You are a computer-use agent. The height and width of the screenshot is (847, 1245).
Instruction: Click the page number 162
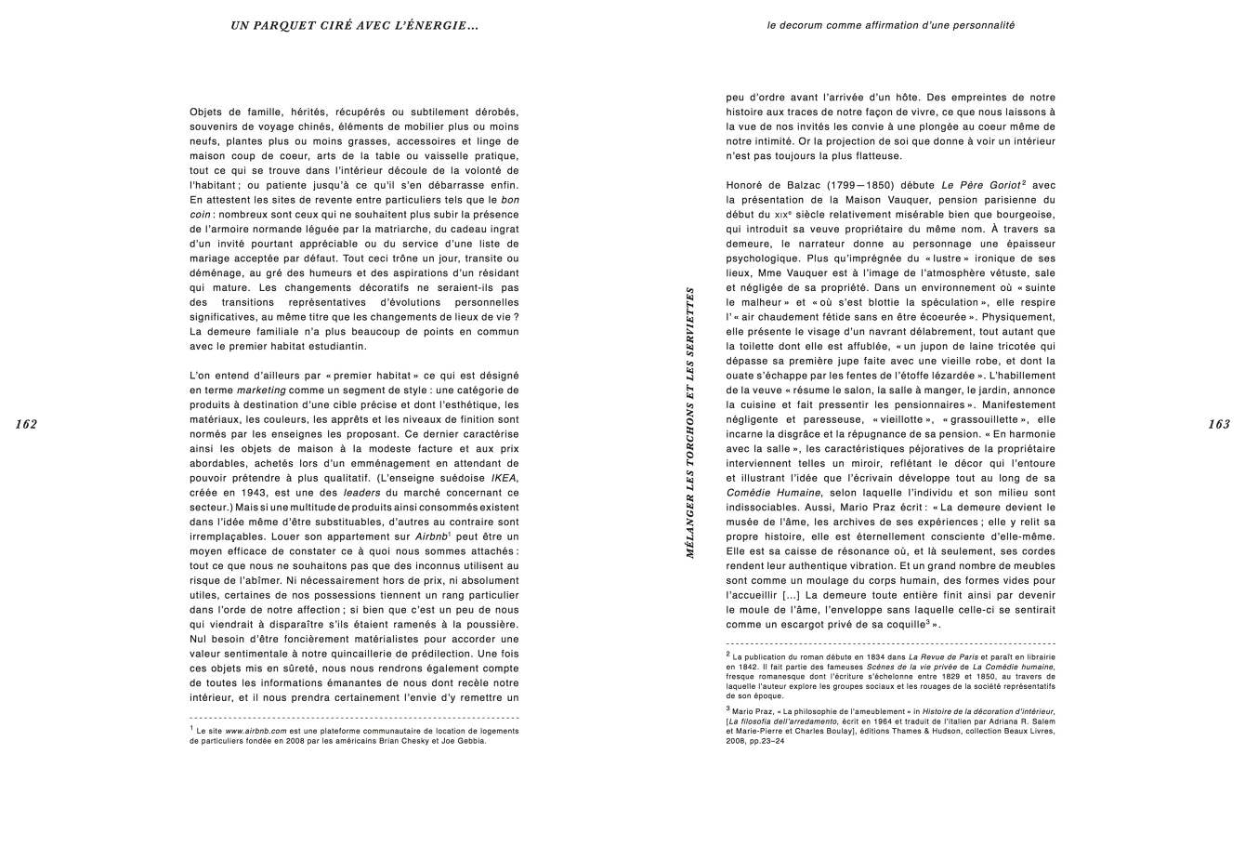[x=26, y=424]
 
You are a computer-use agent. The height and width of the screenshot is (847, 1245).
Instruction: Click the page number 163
[x=1218, y=424]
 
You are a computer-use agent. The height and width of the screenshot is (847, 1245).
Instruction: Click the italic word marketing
[x=261, y=390]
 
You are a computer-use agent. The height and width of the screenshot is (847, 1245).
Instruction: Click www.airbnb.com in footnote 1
[x=256, y=731]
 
